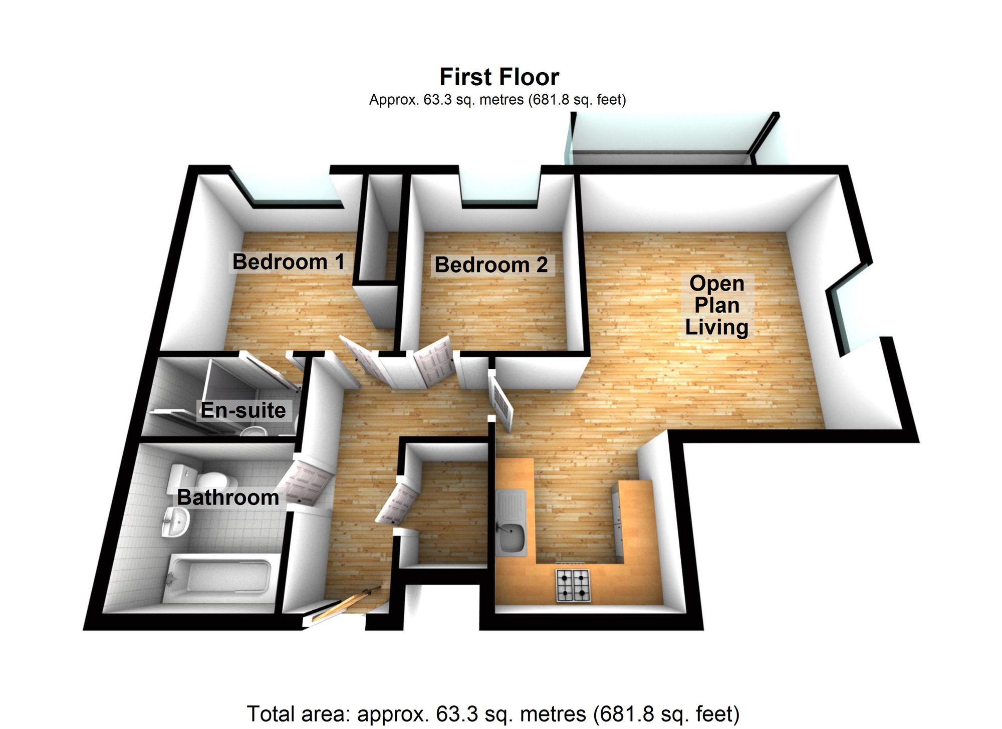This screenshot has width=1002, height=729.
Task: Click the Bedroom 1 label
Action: (x=289, y=262)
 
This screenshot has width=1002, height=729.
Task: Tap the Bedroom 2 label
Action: (x=491, y=265)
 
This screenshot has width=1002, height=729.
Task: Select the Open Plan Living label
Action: (x=716, y=305)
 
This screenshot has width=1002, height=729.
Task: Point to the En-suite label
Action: (x=243, y=410)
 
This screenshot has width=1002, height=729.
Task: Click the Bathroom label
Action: (x=228, y=498)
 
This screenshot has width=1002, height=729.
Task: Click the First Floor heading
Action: (x=499, y=77)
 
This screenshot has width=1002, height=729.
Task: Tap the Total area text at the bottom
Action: (x=493, y=713)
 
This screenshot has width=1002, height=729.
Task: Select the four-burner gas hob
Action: (x=573, y=585)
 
